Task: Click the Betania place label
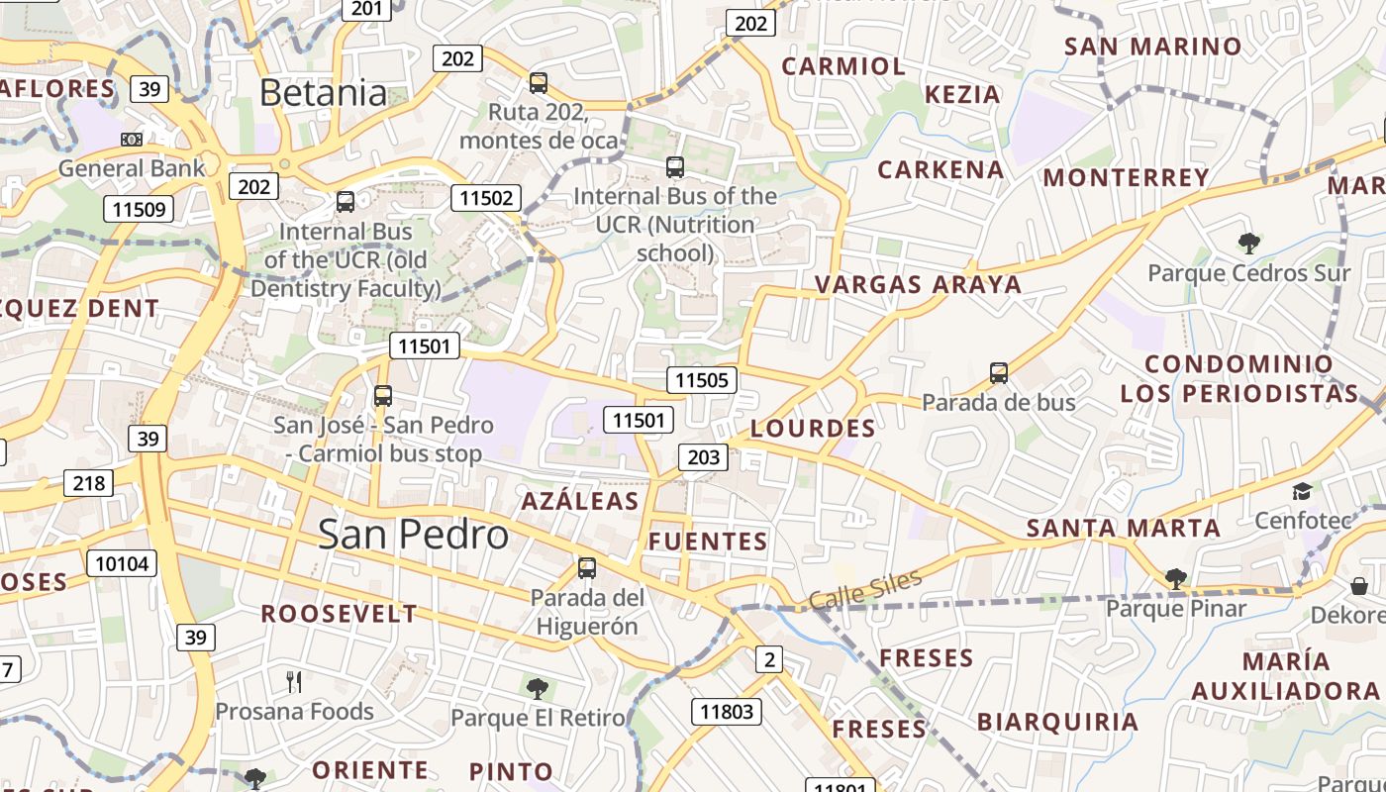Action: coord(323,93)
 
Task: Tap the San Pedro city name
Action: coord(413,535)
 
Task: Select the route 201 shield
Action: coord(366,9)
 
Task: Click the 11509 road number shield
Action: coord(139,209)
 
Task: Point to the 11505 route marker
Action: coord(701,380)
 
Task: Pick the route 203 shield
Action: coord(703,457)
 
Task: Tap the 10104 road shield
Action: coord(122,564)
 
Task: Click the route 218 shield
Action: coord(88,483)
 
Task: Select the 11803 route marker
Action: coord(727,711)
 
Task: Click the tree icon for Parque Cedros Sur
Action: coord(1248,242)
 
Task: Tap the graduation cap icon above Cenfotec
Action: coord(1302,491)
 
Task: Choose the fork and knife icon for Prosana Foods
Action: coord(293,681)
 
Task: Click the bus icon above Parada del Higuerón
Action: coord(587,568)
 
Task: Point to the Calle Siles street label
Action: coord(864,590)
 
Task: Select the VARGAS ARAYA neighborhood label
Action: coord(918,285)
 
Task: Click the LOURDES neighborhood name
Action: coord(813,429)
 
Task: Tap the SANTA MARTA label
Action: coord(1123,528)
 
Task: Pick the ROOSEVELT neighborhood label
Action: coord(339,614)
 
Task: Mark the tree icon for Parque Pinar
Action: coord(1175,578)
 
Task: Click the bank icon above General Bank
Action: coord(132,140)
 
